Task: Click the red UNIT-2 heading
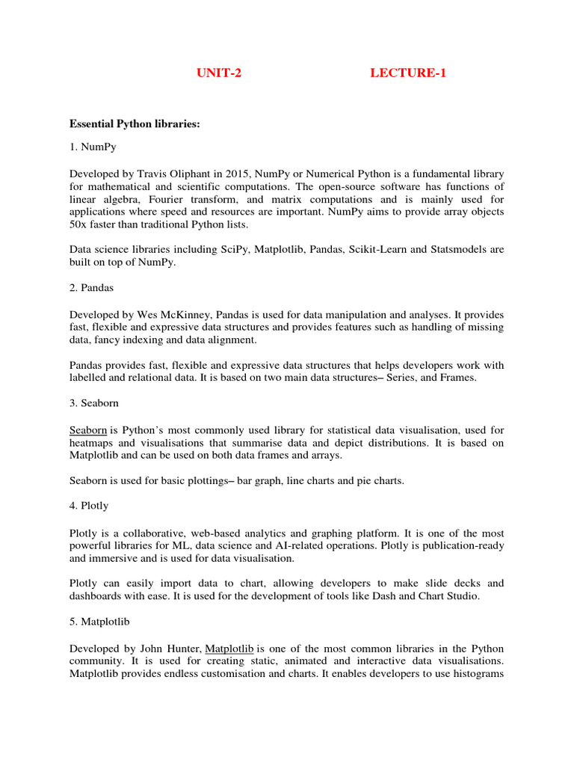tap(219, 73)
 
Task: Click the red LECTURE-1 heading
tap(409, 73)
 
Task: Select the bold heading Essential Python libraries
tap(135, 123)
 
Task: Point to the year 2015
tap(232, 174)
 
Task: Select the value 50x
tap(79, 224)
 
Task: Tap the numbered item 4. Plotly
tap(89, 506)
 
